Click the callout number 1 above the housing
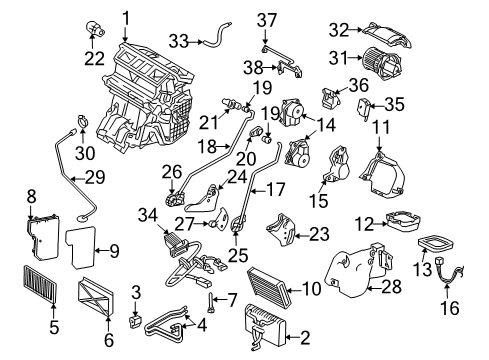click(126, 19)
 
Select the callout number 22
click(94, 59)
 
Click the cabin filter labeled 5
click(40, 284)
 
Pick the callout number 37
click(267, 20)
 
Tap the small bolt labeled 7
click(211, 302)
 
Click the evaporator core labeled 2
click(266, 326)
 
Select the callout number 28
click(391, 287)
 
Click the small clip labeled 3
click(135, 322)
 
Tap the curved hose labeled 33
click(216, 36)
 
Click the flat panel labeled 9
click(81, 247)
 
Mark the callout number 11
click(381, 127)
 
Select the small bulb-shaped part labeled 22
click(95, 29)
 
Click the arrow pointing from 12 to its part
click(380, 224)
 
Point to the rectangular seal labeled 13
click(436, 243)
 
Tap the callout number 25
click(238, 255)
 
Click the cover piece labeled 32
click(387, 34)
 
